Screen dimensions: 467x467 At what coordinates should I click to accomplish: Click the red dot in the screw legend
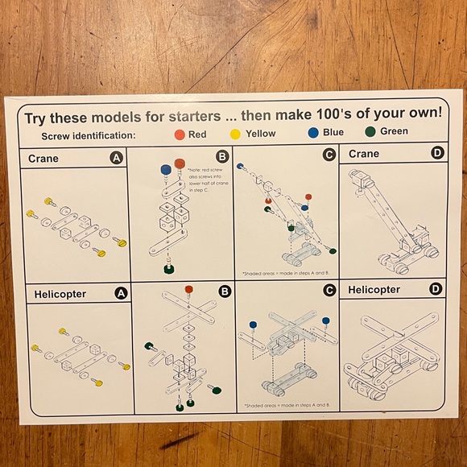[178, 134]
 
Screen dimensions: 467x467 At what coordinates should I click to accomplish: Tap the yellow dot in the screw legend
[235, 134]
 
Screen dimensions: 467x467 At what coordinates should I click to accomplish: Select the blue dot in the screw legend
[312, 133]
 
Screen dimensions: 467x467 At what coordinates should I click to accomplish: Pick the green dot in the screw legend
[370, 132]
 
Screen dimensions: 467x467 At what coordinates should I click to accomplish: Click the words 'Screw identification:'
[89, 136]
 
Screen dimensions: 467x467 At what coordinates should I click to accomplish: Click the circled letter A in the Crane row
[117, 159]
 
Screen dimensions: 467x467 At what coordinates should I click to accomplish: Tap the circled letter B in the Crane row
[222, 157]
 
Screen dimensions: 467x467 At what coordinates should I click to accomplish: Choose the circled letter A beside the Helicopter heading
[121, 293]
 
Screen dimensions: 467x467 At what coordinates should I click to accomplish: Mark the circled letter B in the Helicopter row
[225, 291]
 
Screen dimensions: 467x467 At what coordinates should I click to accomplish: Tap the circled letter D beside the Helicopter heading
[436, 289]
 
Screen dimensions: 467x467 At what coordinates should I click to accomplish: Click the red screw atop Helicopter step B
[188, 290]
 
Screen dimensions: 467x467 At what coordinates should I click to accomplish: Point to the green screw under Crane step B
[169, 269]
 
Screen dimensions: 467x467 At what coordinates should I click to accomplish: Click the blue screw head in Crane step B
[166, 170]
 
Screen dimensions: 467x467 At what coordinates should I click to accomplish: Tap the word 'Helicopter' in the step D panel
[375, 290]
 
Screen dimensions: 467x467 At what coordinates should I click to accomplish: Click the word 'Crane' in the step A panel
[43, 159]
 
